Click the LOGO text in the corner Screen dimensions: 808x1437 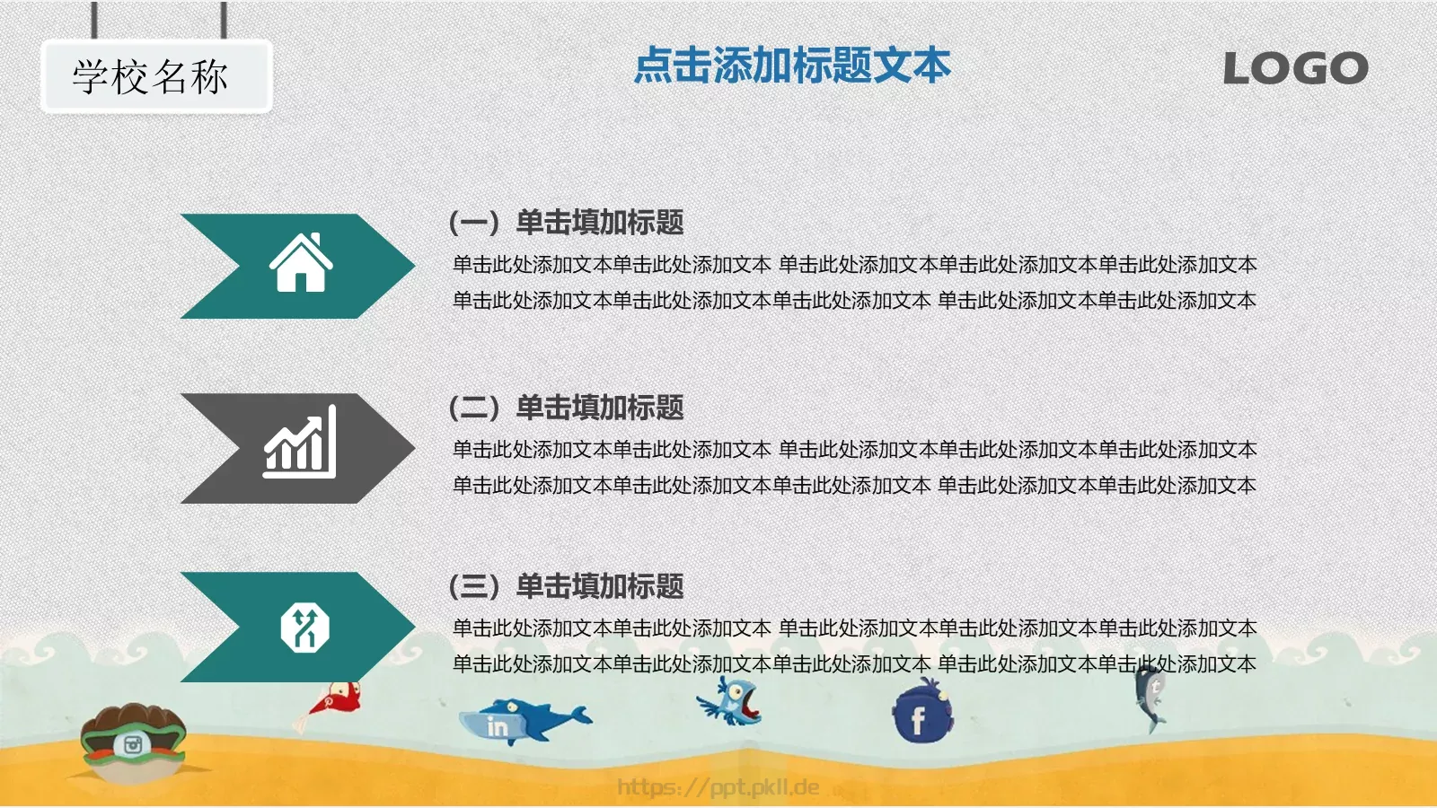[1295, 68]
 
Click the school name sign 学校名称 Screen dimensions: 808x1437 [152, 77]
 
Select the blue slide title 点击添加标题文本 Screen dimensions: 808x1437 [792, 66]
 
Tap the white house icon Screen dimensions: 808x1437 [301, 263]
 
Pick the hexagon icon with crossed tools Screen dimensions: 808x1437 [304, 627]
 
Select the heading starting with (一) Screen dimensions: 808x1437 [566, 222]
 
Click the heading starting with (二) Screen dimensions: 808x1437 [566, 408]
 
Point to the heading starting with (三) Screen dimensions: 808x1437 [566, 586]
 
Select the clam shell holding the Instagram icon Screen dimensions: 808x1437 [133, 741]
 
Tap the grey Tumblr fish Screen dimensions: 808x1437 [1150, 696]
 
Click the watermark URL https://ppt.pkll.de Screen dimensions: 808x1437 [718, 787]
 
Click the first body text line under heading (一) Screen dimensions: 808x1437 [853, 265]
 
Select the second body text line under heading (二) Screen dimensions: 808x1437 [853, 486]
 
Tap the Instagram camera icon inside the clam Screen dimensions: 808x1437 [133, 744]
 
